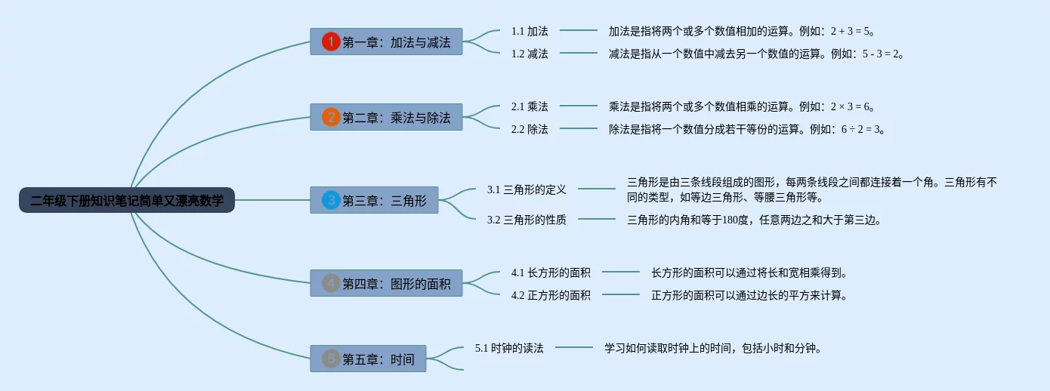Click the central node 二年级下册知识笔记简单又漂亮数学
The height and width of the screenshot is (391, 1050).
(127, 200)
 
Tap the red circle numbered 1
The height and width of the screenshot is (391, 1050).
(331, 42)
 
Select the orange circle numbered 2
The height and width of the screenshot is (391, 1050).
(331, 117)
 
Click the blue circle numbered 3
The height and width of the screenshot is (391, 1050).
(331, 200)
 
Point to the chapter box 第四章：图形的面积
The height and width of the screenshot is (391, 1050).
(386, 283)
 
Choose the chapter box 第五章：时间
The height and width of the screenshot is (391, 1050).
(368, 359)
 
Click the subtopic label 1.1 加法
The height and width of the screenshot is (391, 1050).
(530, 31)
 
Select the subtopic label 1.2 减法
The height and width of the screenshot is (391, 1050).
(530, 54)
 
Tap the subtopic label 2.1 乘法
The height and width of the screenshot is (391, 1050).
(530, 106)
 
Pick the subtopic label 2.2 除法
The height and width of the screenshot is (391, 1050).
(530, 129)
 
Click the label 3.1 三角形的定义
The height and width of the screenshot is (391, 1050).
(527, 189)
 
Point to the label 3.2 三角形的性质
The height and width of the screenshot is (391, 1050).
(527, 219)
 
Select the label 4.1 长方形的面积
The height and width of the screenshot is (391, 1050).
(551, 272)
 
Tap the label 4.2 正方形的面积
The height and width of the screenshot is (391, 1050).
(551, 295)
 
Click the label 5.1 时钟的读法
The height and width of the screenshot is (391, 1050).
(509, 348)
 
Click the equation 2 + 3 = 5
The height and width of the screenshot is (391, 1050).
(850, 31)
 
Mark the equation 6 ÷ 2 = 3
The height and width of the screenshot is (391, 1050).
(860, 129)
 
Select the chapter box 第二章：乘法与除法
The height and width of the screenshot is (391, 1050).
(386, 117)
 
